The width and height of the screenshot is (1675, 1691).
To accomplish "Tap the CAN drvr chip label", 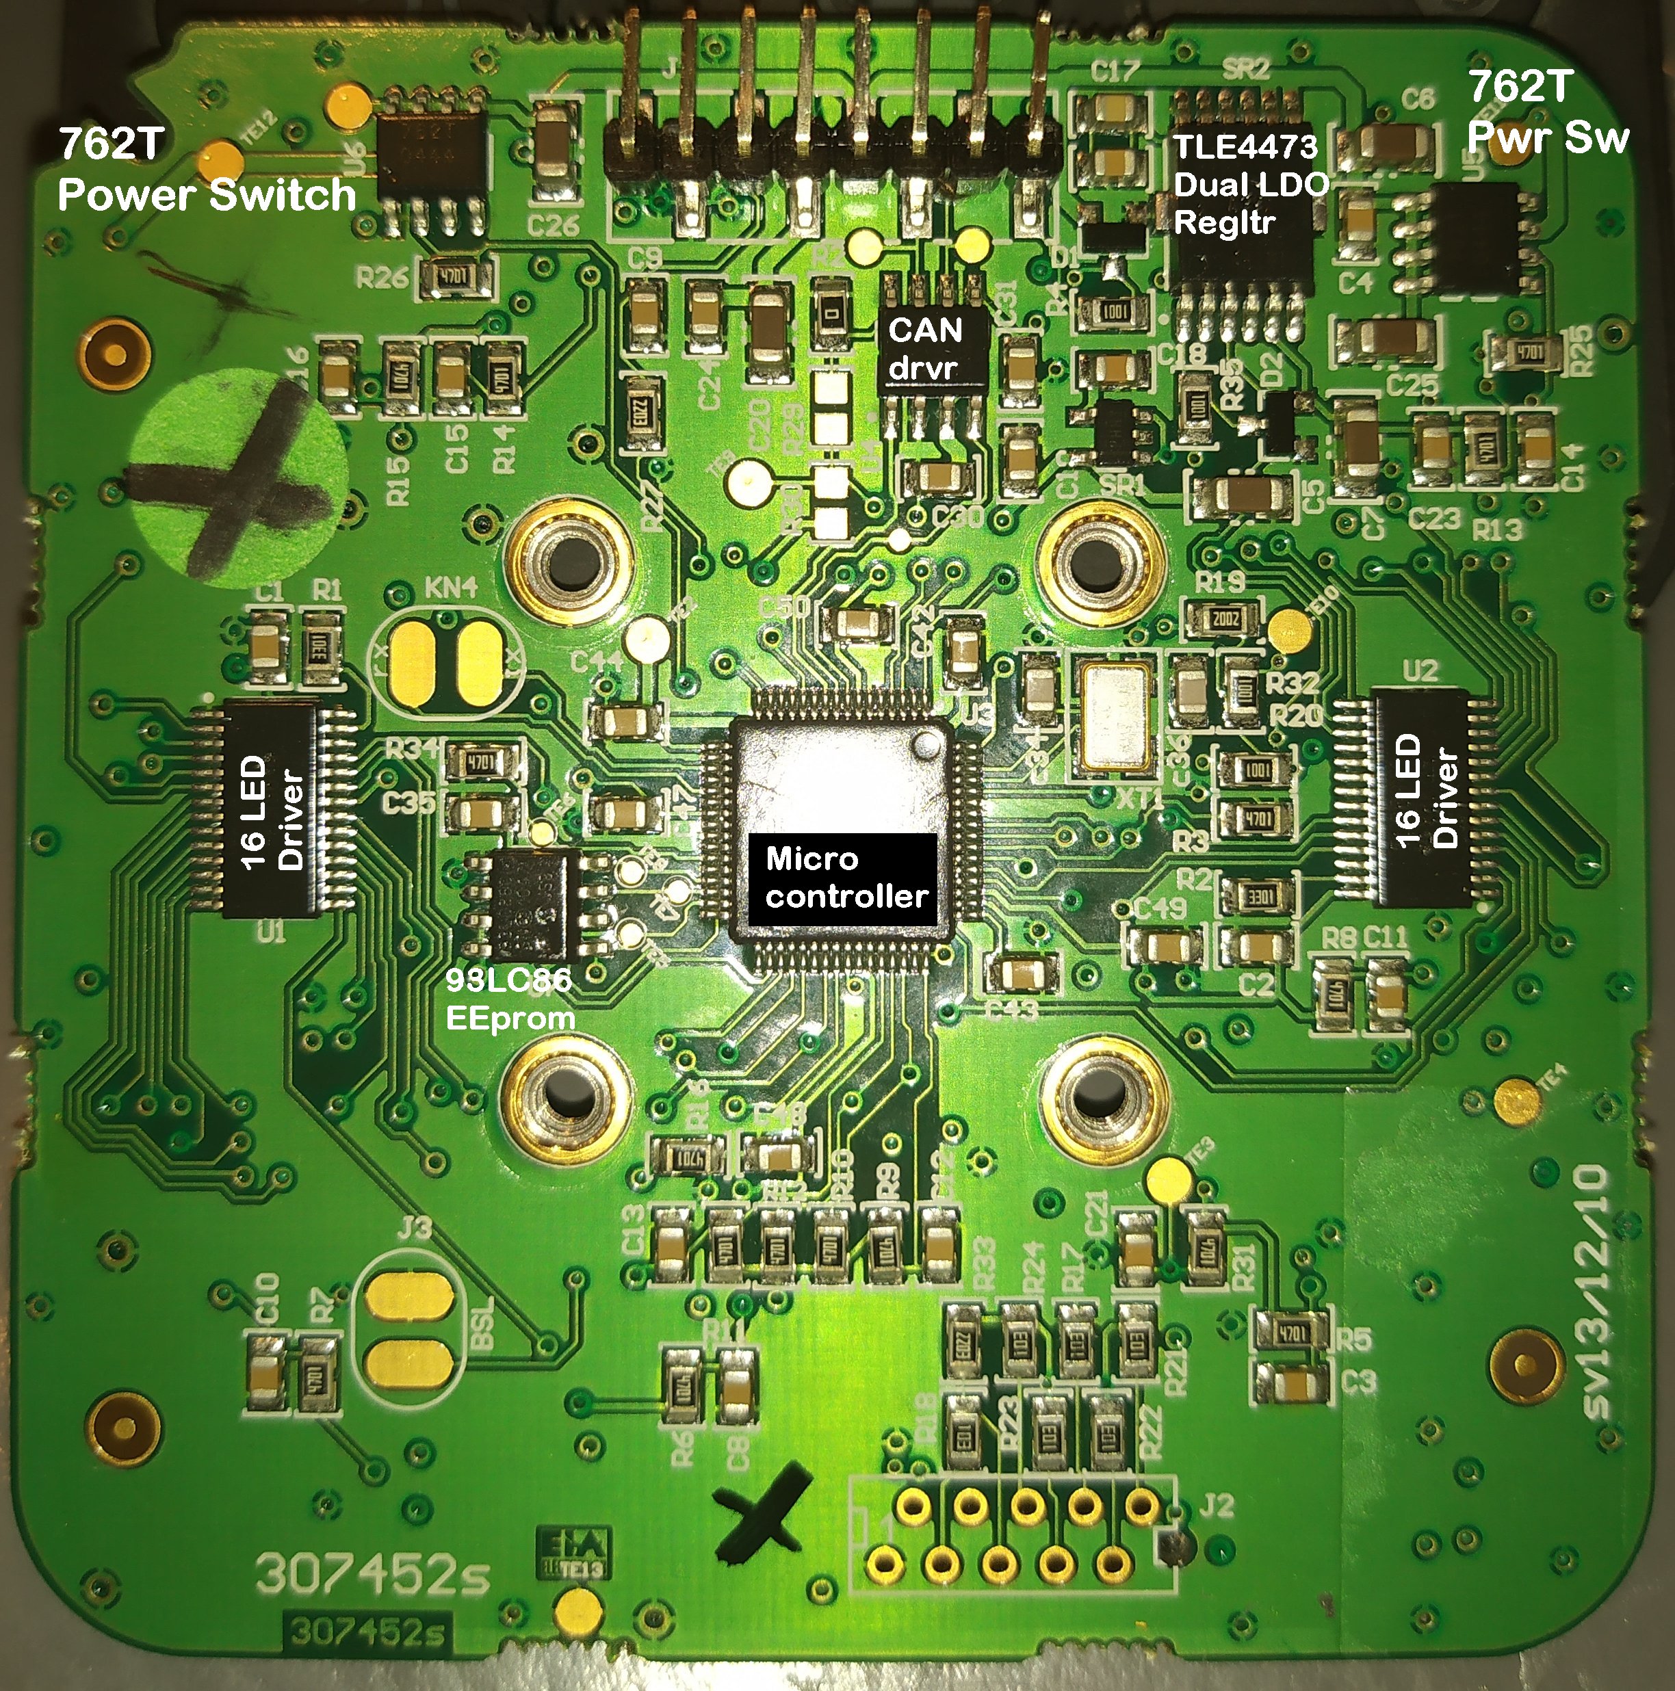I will [926, 348].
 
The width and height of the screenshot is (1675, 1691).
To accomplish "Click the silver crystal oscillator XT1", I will [1115, 718].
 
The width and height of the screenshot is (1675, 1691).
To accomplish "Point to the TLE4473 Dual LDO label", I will [1249, 184].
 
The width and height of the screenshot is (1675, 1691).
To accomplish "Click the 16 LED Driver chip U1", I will [270, 811].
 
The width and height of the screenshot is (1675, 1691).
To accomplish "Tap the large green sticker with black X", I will [237, 473].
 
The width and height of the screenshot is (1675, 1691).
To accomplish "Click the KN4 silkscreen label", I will [451, 588].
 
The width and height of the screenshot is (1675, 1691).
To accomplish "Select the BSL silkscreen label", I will [482, 1322].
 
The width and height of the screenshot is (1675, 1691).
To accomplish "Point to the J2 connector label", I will [1215, 1506].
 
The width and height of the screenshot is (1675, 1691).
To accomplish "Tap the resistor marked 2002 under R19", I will [1225, 620].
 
